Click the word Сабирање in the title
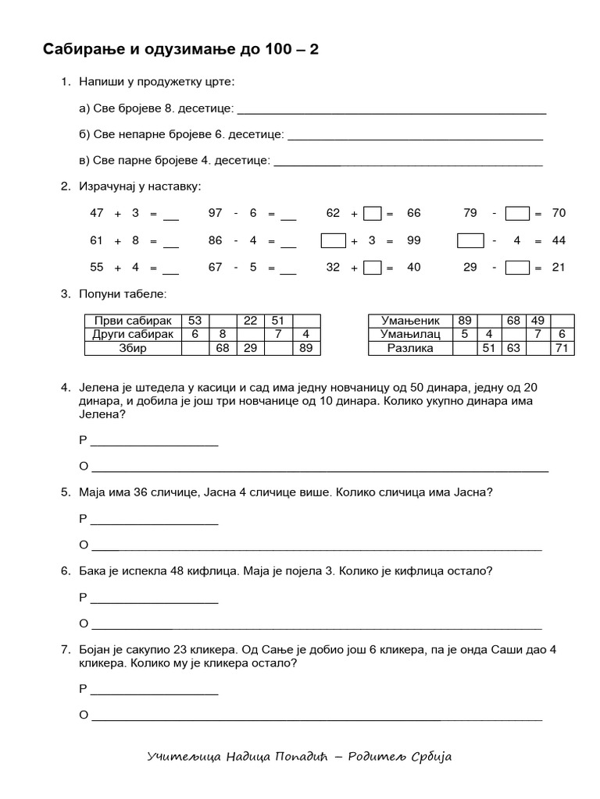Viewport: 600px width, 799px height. pyautogui.click(x=82, y=50)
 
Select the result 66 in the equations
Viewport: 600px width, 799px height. pyautogui.click(x=413, y=213)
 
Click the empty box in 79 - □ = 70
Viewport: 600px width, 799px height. pyautogui.click(x=517, y=213)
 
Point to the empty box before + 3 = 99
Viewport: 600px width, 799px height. pyautogui.click(x=334, y=240)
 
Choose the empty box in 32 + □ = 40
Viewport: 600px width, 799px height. pyautogui.click(x=373, y=267)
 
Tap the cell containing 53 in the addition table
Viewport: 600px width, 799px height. pyautogui.click(x=195, y=321)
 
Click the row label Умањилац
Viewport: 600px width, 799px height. pyautogui.click(x=410, y=334)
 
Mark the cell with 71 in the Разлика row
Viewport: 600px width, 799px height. pyautogui.click(x=562, y=348)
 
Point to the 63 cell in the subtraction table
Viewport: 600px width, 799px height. pyautogui.click(x=513, y=348)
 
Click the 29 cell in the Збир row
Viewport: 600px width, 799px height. pyautogui.click(x=250, y=348)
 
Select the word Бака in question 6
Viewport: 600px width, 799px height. pyautogui.click(x=93, y=570)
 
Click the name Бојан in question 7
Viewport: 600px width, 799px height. pyautogui.click(x=96, y=649)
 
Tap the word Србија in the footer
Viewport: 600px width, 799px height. pyautogui.click(x=430, y=758)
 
